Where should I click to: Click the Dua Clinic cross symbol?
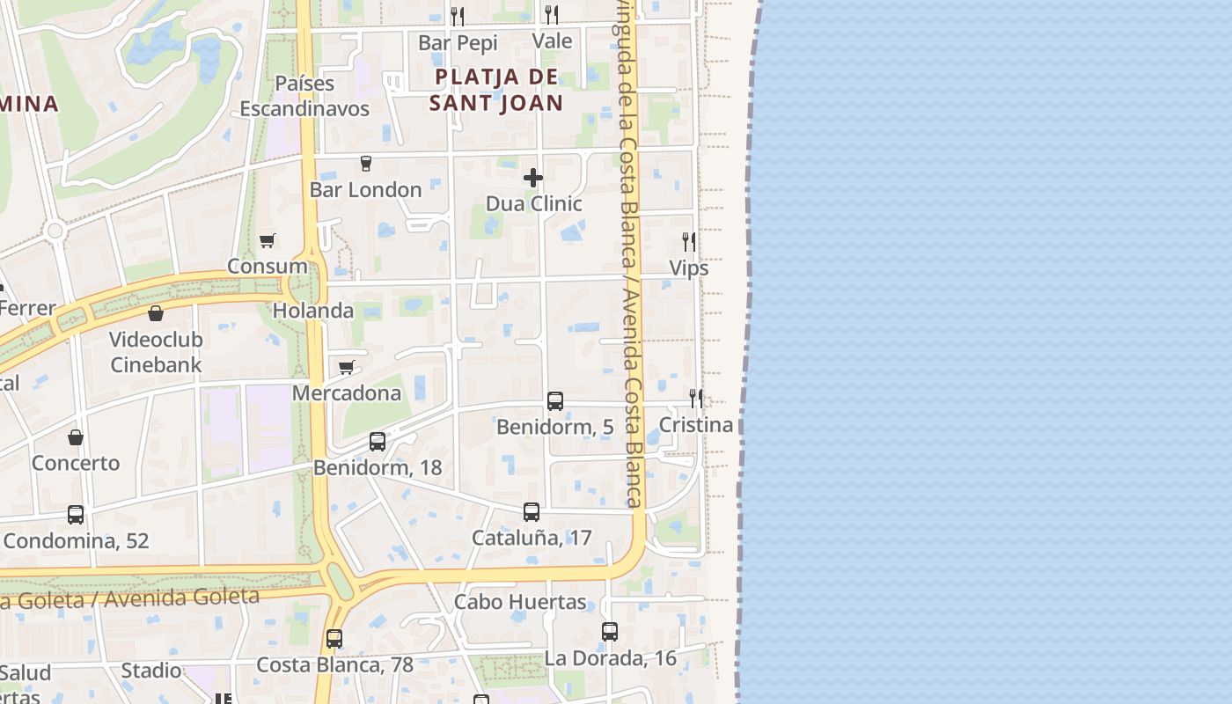tap(533, 178)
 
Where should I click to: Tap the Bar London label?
tap(365, 190)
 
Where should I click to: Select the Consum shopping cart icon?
tap(268, 240)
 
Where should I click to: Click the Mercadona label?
tap(346, 392)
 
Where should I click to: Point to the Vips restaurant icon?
tap(689, 241)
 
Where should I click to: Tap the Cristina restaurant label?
tap(695, 425)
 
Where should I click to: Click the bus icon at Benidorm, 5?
tap(555, 401)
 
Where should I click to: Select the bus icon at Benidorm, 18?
tap(378, 442)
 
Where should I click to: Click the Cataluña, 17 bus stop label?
tap(531, 538)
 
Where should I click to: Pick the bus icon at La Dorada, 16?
tap(610, 632)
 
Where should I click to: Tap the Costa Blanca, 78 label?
tap(334, 664)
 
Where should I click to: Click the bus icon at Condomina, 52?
tap(76, 515)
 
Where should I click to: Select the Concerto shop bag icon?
tap(76, 437)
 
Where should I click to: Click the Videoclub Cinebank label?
tap(156, 352)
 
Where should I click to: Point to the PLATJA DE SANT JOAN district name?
tap(496, 90)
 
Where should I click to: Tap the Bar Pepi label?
tap(458, 42)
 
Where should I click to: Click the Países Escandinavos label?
tap(304, 96)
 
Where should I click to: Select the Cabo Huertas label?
tap(520, 602)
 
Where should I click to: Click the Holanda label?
tap(313, 311)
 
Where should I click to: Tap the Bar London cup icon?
tap(366, 164)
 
